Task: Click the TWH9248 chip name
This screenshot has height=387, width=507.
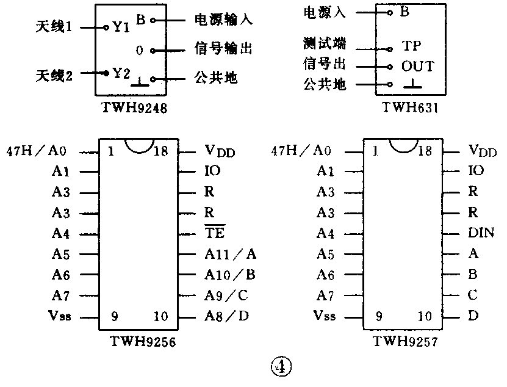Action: pos(135,107)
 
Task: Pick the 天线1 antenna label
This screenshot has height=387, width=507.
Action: pos(56,27)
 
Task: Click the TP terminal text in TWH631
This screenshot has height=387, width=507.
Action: pos(412,46)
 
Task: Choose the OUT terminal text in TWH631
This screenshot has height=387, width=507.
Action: pos(417,66)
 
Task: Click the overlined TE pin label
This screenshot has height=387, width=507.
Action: pos(215,233)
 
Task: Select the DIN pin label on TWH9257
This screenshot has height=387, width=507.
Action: pos(481,233)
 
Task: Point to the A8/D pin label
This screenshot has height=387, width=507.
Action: pos(226,316)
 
